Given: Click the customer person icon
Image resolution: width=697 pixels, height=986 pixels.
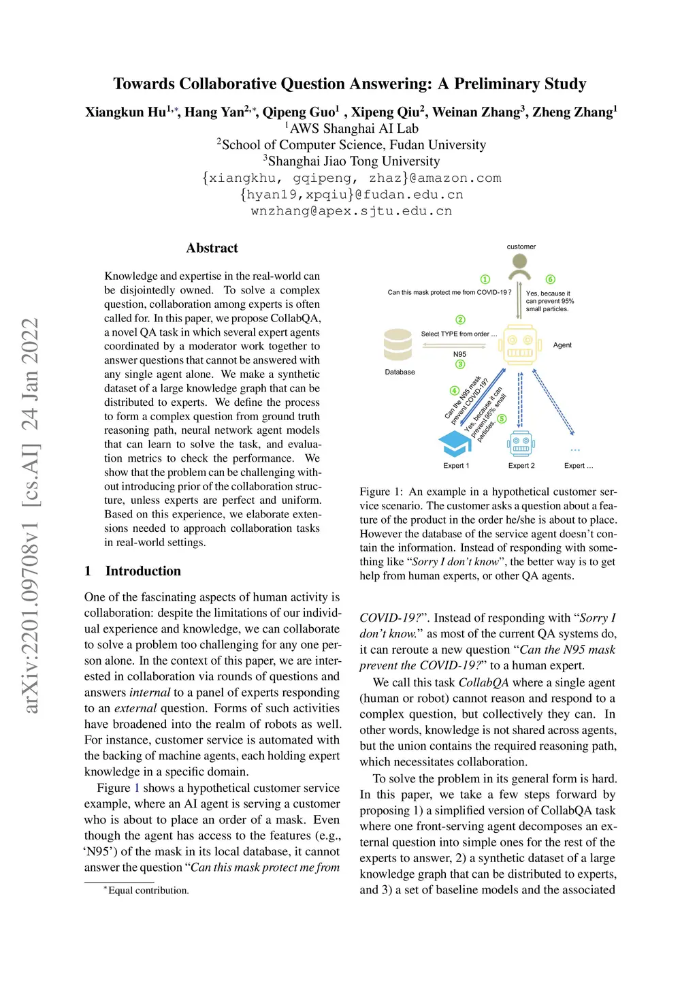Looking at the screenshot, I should pyautogui.click(x=521, y=266).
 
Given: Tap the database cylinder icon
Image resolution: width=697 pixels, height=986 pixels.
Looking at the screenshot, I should pyautogui.click(x=398, y=345).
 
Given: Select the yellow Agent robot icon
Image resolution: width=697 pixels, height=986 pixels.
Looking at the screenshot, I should pyautogui.click(x=521, y=345).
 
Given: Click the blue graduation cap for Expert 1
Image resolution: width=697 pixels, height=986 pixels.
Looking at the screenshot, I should pyautogui.click(x=455, y=443).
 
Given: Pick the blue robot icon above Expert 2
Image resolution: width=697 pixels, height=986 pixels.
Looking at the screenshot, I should pyautogui.click(x=521, y=443).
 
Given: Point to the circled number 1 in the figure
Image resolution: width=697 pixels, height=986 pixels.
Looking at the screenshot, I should pyautogui.click(x=485, y=279).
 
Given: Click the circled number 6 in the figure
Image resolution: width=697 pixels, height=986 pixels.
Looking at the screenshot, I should pyautogui.click(x=551, y=279).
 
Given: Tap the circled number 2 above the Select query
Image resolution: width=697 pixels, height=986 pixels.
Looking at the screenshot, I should pyautogui.click(x=461, y=320).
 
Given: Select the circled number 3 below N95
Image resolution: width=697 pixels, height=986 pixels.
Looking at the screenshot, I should pyautogui.click(x=461, y=364).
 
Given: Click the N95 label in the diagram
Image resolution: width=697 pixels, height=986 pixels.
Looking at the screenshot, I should pyautogui.click(x=460, y=354).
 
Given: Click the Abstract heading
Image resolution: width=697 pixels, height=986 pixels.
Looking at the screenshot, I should pyautogui.click(x=212, y=248).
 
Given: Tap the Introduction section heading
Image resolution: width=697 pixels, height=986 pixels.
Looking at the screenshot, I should pyautogui.click(x=143, y=571).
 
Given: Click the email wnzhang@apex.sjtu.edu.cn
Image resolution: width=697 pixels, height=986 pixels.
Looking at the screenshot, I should pyautogui.click(x=351, y=211).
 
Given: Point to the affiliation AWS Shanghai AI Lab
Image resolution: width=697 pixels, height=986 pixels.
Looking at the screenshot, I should pyautogui.click(x=354, y=129).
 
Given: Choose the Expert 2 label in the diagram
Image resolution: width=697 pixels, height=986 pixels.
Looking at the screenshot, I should pyautogui.click(x=521, y=466).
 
